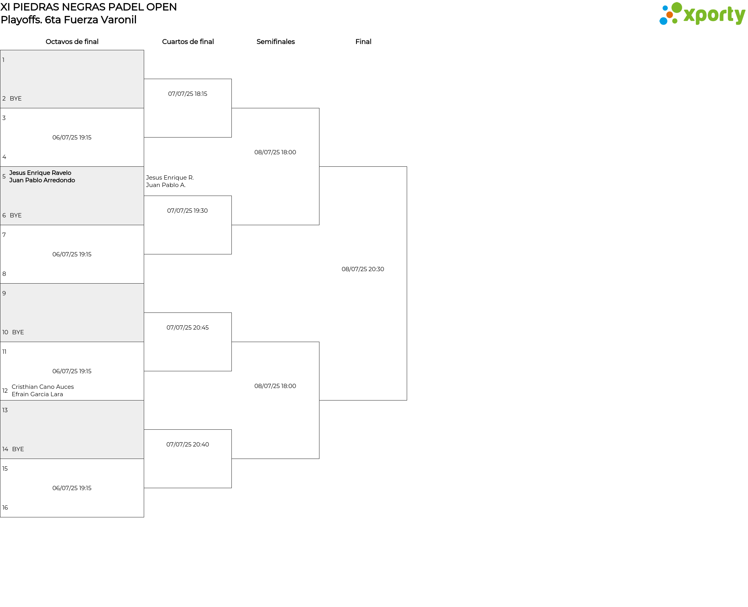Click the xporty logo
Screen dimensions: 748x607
702,14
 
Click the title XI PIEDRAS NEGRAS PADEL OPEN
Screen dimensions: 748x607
89,7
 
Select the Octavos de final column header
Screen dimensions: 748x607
72,42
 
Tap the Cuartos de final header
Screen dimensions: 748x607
188,42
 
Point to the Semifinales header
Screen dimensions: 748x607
275,42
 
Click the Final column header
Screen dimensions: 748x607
363,42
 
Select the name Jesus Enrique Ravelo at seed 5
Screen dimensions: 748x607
40,173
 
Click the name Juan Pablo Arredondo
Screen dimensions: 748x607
42,180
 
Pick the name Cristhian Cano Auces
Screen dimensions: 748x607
43,387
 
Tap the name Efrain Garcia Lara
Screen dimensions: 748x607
37,394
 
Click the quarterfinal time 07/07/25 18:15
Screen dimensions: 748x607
188,94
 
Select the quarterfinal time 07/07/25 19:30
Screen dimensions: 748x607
187,211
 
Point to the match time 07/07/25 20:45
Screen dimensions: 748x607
187,328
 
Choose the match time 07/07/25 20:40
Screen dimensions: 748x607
188,445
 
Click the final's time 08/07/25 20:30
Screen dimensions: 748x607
363,269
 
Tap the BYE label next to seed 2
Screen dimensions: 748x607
16,99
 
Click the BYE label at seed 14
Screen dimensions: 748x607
18,449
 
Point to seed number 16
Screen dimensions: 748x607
5,508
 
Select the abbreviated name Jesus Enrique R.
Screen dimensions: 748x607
170,178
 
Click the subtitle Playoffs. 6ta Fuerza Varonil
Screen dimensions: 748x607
69,20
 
